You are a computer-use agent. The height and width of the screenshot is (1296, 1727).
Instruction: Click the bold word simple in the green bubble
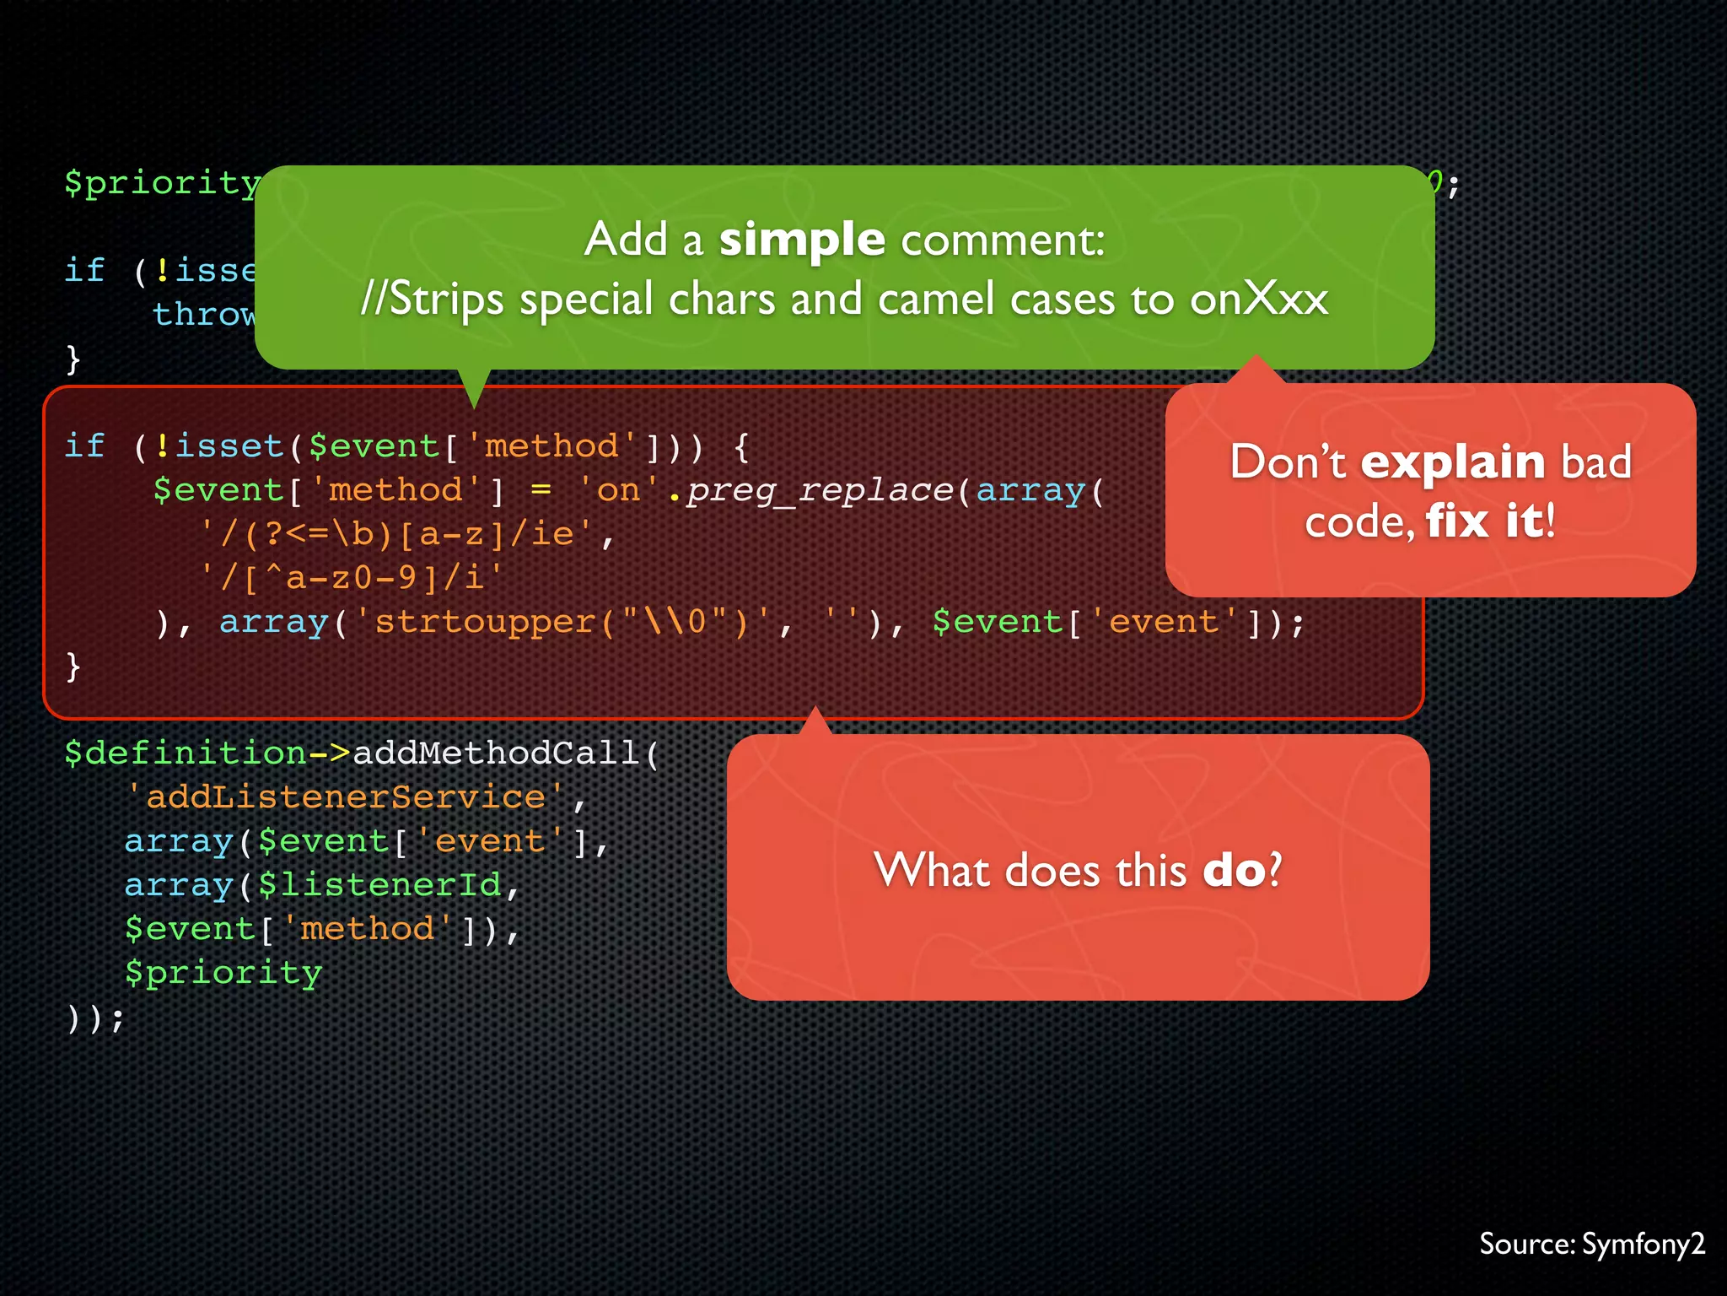click(801, 240)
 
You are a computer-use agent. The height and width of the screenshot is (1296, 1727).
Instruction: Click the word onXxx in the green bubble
click(1259, 300)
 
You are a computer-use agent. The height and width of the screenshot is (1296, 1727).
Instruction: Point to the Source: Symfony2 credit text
click(1592, 1244)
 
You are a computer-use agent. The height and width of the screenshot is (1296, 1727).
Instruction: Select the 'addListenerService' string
click(346, 797)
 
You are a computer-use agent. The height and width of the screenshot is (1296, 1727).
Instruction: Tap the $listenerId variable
click(379, 885)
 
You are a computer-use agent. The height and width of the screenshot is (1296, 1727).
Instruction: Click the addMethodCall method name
click(496, 753)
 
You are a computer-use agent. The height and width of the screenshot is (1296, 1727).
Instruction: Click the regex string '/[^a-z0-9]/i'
click(351, 578)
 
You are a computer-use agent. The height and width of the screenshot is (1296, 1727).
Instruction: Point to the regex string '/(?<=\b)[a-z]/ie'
click(395, 534)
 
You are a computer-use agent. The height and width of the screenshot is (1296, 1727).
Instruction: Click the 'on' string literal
click(619, 490)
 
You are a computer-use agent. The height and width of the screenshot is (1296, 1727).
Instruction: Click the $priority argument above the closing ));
click(223, 973)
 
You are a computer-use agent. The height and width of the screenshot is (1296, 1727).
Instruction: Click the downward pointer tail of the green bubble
click(474, 390)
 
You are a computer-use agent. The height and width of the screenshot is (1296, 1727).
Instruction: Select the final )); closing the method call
click(94, 1018)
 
